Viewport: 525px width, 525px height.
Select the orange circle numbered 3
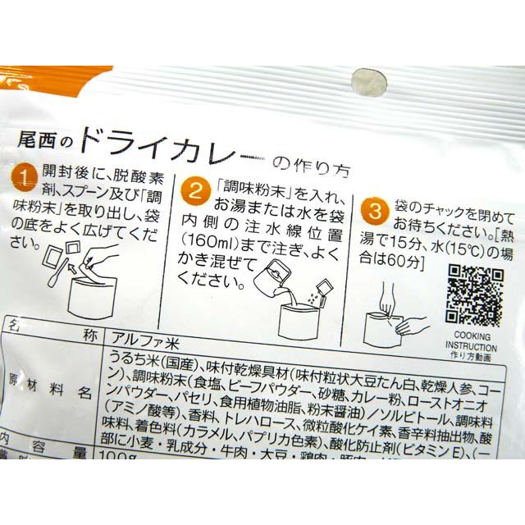point(373,211)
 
